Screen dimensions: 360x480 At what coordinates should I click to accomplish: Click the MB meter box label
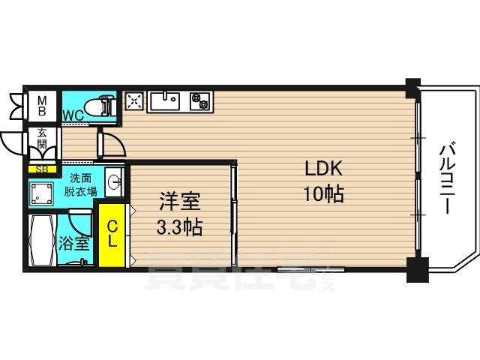coord(42,105)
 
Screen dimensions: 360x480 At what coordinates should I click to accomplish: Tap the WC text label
coord(73,115)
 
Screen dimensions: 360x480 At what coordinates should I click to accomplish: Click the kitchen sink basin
coord(166,100)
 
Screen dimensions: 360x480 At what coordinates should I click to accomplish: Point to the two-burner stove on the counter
coord(201,99)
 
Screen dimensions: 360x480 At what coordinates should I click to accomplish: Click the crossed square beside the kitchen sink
coord(134,100)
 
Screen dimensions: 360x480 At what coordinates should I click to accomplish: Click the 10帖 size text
coord(323,194)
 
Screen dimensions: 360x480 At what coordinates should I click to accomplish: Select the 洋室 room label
coord(179,201)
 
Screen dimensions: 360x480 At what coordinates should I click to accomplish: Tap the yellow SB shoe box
coord(42,169)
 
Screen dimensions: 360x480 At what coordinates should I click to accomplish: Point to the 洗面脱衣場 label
coord(82,184)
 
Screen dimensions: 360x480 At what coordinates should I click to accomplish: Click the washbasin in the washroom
coord(114,182)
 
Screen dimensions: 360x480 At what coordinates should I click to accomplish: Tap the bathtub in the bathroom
coord(43,241)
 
